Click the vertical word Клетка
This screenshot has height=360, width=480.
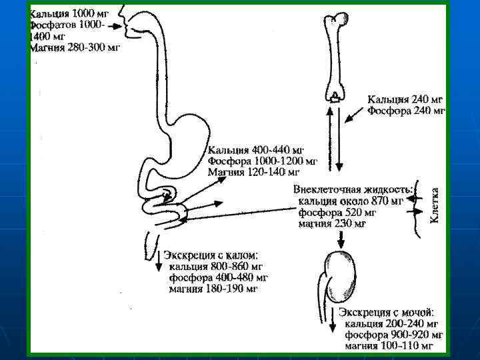pos(434,203)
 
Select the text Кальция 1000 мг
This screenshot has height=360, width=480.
pos(69,13)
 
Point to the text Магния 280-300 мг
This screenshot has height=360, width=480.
pos(75,47)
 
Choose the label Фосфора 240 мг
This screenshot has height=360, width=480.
pos(406,111)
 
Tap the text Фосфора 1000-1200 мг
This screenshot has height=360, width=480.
pos(263,161)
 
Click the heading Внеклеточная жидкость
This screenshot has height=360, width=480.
pos(353,189)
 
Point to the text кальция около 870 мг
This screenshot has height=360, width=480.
pos(351,201)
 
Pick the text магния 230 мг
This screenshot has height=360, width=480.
pos(332,224)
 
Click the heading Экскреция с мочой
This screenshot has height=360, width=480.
pos(387,311)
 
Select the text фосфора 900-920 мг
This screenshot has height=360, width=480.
pos(394,335)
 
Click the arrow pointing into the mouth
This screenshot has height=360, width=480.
pos(113,26)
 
